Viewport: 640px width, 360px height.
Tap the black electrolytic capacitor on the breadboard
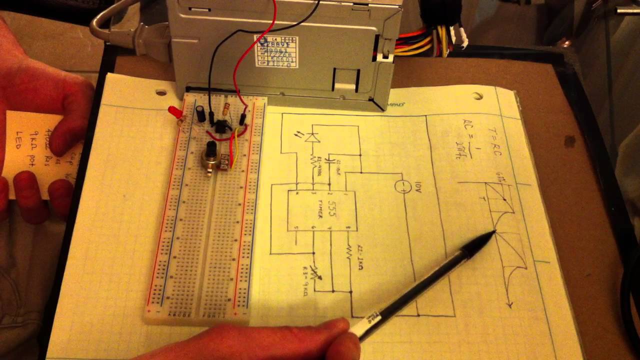201,113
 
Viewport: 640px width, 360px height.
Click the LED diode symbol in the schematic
313,136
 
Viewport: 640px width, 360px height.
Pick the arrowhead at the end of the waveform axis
510,304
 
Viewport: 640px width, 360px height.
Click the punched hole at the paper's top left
160,92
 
